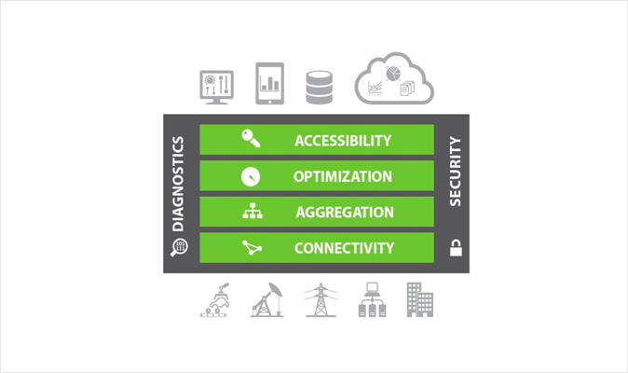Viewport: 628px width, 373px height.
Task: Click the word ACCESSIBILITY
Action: click(x=343, y=141)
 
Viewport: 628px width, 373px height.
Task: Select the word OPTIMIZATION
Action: click(x=343, y=176)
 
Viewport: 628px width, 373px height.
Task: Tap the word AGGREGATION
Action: click(x=345, y=213)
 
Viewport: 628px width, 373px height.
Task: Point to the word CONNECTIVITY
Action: click(x=344, y=248)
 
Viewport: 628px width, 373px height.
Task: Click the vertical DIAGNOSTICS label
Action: click(x=178, y=184)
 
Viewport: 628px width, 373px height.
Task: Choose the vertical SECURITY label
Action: click(x=455, y=172)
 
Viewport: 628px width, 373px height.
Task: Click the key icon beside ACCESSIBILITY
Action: click(x=251, y=139)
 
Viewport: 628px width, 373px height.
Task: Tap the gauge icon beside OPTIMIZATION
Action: click(x=251, y=176)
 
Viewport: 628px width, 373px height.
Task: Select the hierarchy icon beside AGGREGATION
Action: click(x=253, y=211)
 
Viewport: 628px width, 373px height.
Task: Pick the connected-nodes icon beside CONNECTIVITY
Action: click(x=252, y=248)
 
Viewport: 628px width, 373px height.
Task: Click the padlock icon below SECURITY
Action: click(x=456, y=248)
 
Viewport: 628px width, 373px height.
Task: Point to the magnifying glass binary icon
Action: click(x=179, y=247)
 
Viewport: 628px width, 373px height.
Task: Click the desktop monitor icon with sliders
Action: click(x=217, y=88)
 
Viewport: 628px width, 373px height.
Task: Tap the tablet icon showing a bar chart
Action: click(x=270, y=83)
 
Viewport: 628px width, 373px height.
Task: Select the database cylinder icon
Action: click(x=320, y=88)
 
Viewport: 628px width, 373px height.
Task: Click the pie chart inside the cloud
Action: click(x=393, y=74)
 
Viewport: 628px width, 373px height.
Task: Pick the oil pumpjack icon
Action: click(x=266, y=300)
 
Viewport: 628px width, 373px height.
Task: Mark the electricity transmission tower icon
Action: click(x=321, y=300)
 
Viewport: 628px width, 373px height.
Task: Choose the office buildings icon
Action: click(x=420, y=299)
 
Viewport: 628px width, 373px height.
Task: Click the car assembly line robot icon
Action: click(x=214, y=300)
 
